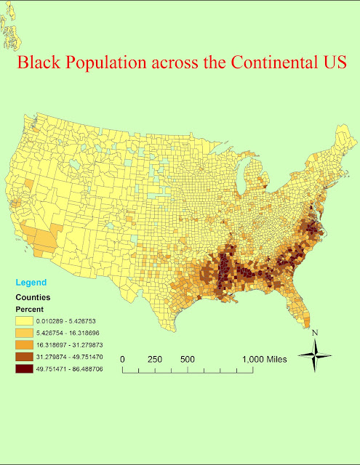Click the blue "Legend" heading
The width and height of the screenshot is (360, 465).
pyautogui.click(x=32, y=282)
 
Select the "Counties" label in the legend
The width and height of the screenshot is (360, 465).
pyautogui.click(x=33, y=297)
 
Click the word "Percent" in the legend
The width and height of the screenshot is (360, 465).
pyautogui.click(x=31, y=309)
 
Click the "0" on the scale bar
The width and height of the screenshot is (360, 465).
pyautogui.click(x=124, y=359)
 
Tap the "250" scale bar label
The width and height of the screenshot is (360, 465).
pyautogui.click(x=155, y=359)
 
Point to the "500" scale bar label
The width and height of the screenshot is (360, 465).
pyautogui.click(x=188, y=359)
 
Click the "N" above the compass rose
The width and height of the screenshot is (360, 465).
pyautogui.click(x=315, y=333)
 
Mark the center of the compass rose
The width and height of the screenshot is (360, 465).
pyautogui.click(x=315, y=357)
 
